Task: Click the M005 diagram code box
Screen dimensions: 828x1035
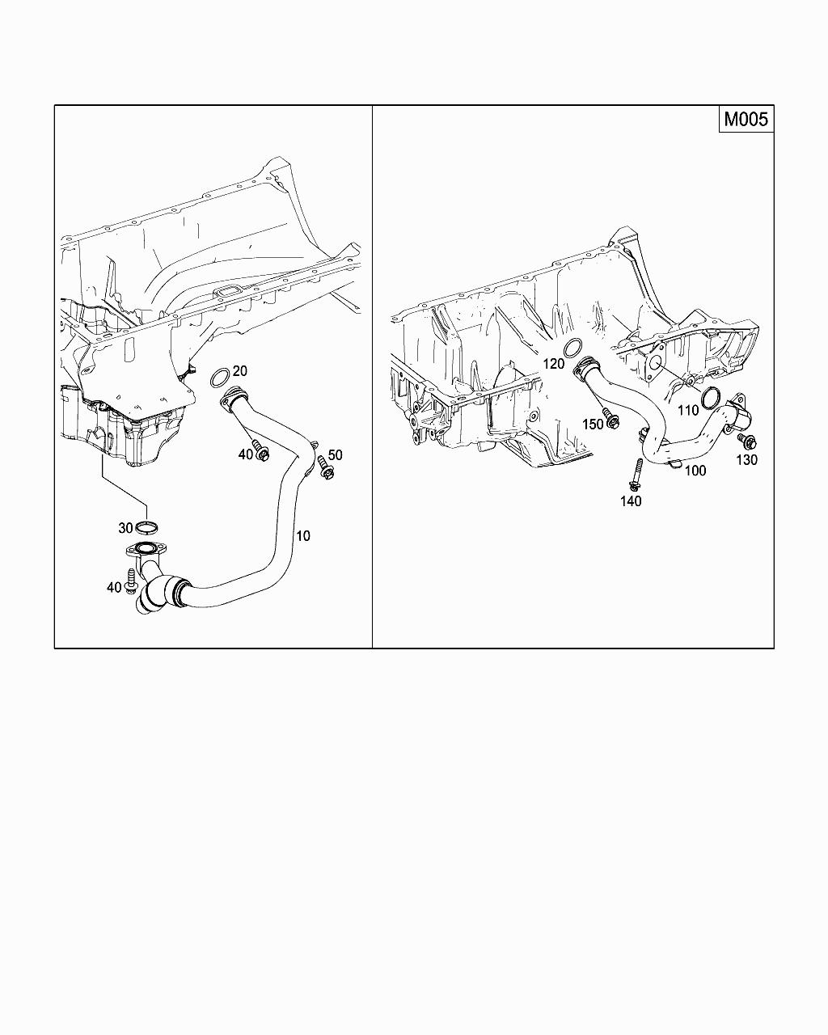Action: (746, 118)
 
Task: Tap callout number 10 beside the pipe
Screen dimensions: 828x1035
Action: (302, 535)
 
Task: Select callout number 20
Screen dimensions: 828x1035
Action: (239, 371)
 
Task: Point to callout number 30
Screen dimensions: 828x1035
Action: (125, 528)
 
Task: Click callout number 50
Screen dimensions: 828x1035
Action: (335, 455)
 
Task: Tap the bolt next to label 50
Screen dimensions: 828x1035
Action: (324, 468)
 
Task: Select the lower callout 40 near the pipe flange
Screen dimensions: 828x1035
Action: (114, 587)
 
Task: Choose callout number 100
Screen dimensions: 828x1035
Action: (695, 471)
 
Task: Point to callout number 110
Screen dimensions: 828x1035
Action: (688, 410)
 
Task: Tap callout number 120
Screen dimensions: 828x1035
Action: (553, 364)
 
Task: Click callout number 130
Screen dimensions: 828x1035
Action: (746, 460)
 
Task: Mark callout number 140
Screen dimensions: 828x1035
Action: (631, 501)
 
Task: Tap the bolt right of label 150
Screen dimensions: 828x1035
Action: (611, 419)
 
